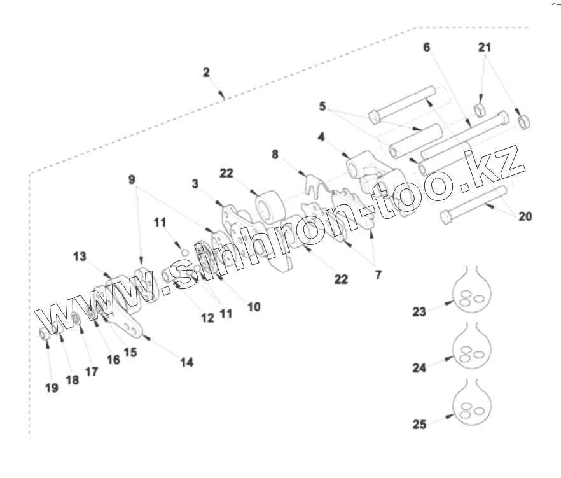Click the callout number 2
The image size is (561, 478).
coord(206,72)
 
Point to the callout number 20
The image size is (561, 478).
coord(525,216)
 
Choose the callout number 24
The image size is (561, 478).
coord(419,367)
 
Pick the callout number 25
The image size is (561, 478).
coord(419,423)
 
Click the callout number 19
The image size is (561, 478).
coord(51,388)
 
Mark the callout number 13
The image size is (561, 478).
coord(80,256)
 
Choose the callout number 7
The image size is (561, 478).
coord(378,278)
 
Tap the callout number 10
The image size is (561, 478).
coord(253,307)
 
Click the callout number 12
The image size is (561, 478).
coord(208,318)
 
